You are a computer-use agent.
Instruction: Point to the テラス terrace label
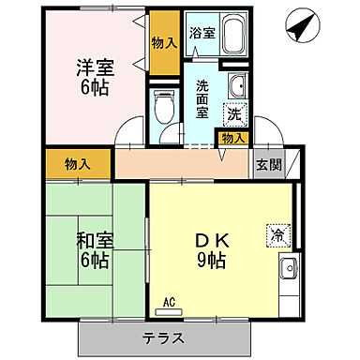click(163, 338)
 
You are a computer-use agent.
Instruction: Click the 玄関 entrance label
click(267, 164)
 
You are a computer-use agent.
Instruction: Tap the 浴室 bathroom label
click(202, 33)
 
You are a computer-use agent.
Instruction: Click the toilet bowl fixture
click(164, 108)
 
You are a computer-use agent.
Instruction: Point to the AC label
click(170, 302)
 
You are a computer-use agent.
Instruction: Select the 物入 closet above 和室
click(78, 164)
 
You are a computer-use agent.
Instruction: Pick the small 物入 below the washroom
click(233, 138)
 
